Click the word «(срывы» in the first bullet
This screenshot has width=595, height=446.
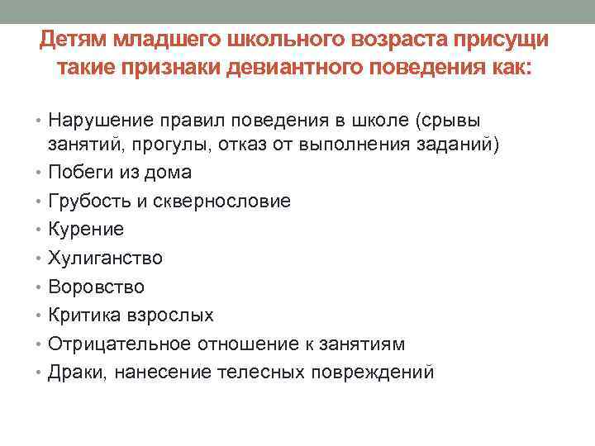[455, 121]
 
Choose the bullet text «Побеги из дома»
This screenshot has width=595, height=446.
[121, 173]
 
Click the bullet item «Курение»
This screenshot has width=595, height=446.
[86, 230]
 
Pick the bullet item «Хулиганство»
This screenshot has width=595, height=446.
[106, 258]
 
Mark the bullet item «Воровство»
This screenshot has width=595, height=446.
[97, 287]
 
